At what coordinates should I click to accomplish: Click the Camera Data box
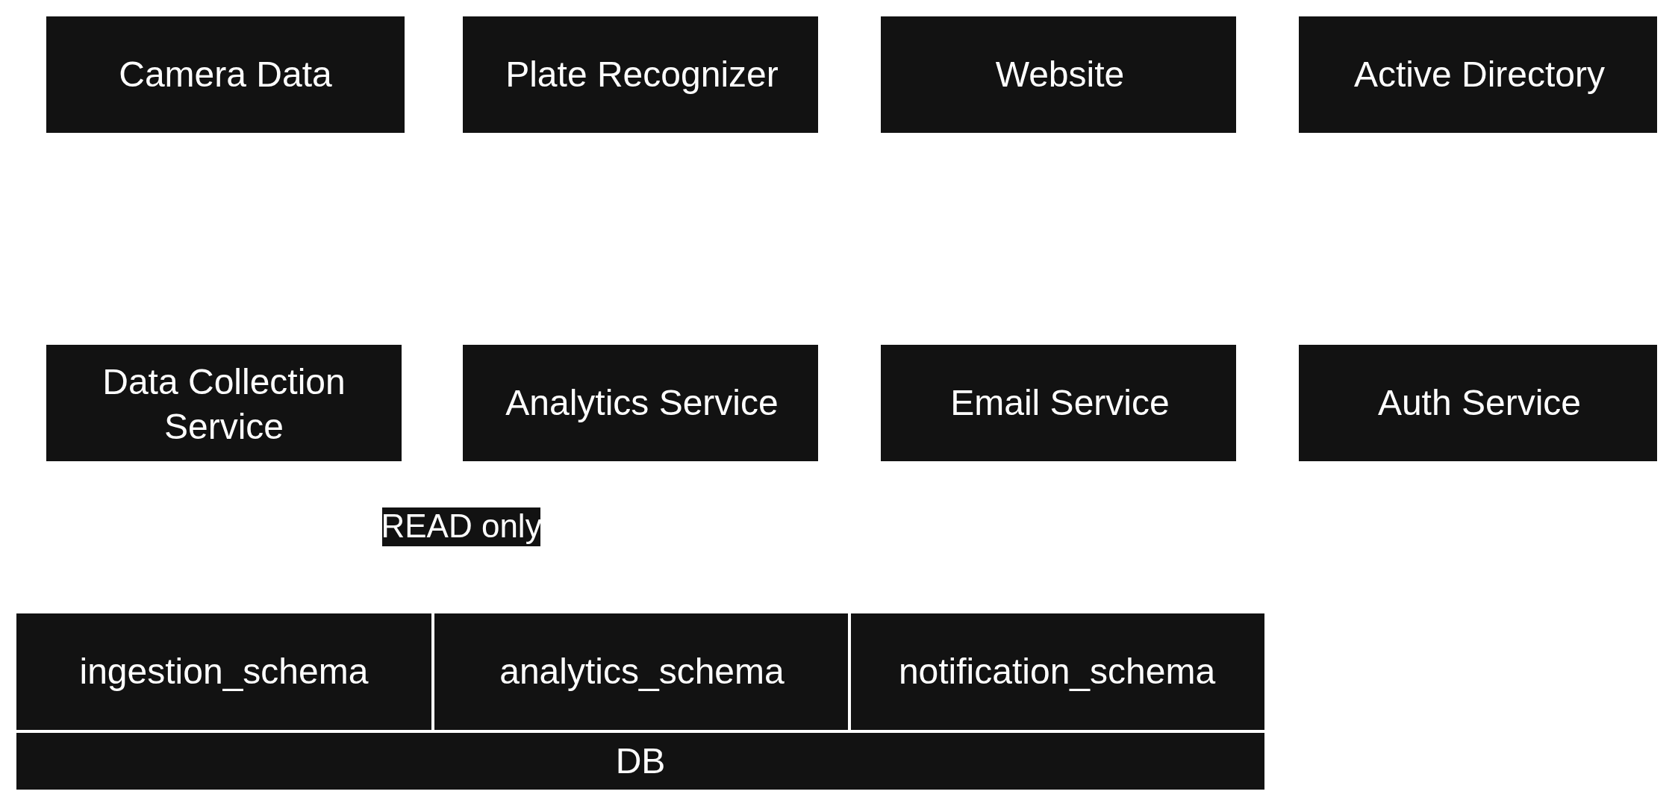click(x=225, y=75)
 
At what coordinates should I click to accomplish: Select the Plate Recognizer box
click(x=640, y=75)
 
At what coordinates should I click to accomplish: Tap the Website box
click(x=1058, y=75)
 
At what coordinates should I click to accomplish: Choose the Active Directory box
click(x=1477, y=75)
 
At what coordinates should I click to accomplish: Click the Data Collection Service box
click(x=224, y=403)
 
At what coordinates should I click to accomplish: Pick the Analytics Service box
click(x=640, y=403)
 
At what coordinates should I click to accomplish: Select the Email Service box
click(x=1058, y=403)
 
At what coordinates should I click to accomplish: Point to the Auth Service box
click(x=1477, y=403)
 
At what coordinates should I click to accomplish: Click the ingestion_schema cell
click(x=224, y=671)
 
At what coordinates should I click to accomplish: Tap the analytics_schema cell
click(x=641, y=671)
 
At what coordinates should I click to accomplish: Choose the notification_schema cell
click(x=1057, y=671)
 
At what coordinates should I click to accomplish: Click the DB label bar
click(x=640, y=761)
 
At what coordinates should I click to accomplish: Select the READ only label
click(x=461, y=526)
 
